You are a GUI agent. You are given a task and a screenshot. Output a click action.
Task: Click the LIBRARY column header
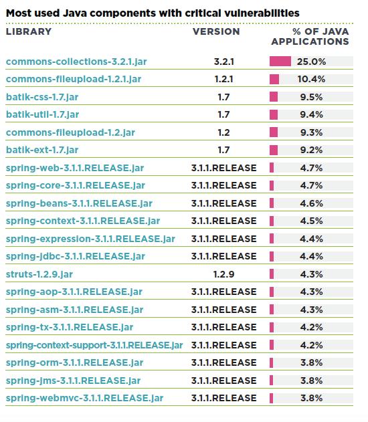29,31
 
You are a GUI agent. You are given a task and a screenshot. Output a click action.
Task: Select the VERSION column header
216,31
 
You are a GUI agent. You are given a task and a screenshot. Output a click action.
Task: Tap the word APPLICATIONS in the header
310,41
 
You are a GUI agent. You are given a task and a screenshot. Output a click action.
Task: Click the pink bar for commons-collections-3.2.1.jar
280,62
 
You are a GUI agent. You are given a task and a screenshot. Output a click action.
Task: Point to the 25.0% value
312,62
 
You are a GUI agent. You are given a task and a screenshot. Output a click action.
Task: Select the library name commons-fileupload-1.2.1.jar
74,79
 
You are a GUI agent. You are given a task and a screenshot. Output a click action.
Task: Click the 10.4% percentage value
312,79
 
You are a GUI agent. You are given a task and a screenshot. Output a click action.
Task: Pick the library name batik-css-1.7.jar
42,97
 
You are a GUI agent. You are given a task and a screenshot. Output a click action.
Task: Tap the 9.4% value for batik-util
312,114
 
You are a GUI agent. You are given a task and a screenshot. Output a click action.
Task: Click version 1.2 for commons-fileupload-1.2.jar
223,132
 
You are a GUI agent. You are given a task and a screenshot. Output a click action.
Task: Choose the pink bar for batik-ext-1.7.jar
274,150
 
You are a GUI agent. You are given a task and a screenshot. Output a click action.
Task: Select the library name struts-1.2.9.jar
39,274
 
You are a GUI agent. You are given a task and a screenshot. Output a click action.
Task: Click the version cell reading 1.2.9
223,274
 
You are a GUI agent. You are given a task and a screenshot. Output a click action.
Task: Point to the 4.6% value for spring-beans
312,203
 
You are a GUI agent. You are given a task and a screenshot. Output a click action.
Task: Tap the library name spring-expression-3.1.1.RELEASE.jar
90,239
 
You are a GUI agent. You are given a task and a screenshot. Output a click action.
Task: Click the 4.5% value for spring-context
312,221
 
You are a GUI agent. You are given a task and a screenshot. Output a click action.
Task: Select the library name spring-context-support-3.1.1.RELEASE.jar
94,345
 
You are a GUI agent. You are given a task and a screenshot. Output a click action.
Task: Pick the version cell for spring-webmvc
224,398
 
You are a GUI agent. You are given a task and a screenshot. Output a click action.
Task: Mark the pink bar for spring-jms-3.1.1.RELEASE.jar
272,381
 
